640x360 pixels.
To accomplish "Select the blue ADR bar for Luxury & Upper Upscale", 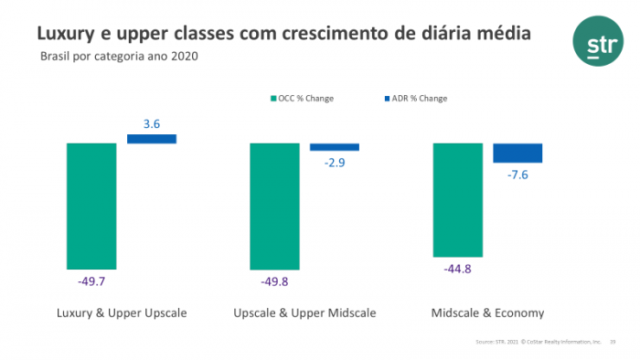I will [152, 139].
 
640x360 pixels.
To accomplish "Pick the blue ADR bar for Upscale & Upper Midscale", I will [335, 147].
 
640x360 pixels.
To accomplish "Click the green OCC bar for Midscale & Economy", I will [457, 200].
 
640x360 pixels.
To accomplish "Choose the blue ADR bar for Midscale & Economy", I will [517, 153].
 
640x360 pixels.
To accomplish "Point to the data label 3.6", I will [152, 123].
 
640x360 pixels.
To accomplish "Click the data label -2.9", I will [335, 163].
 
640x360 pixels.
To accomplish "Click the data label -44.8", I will [457, 270].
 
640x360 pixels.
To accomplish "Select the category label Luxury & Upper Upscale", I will [122, 313].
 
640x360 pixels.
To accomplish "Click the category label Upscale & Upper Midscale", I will [304, 313].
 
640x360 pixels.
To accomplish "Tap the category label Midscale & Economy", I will [487, 313].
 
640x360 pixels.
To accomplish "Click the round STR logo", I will [595, 42].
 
